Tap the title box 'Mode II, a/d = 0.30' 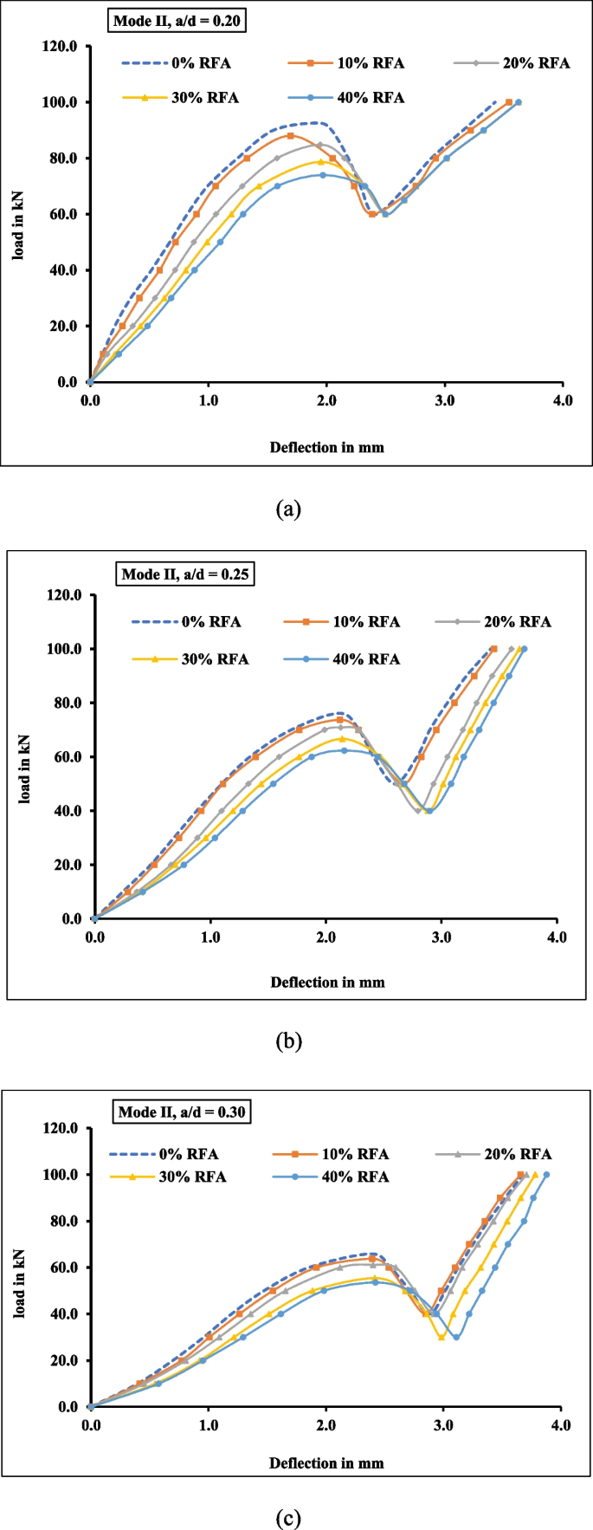(181, 1112)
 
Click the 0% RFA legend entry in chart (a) (177, 63)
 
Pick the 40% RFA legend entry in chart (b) (341, 659)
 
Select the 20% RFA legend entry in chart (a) (512, 63)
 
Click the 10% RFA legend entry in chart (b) (341, 622)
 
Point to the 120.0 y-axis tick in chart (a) (60, 46)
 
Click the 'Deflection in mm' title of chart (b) (327, 982)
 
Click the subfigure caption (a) (287, 509)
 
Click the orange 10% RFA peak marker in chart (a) (291, 135)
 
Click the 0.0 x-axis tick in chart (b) (94, 937)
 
